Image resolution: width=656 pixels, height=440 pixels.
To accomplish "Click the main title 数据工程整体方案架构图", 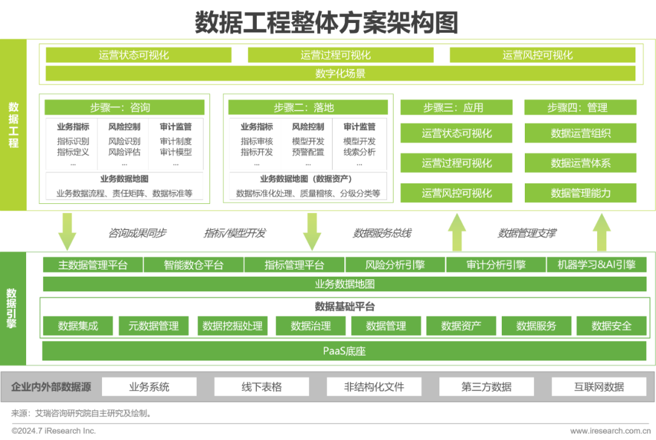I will pyautogui.click(x=326, y=22).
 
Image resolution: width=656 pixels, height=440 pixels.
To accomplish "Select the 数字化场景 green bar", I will pyautogui.click(x=340, y=74).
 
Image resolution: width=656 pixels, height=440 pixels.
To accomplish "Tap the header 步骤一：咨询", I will pyautogui.click(x=124, y=107).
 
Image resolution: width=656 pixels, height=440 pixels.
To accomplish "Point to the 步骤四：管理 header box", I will pyautogui.click(x=580, y=107).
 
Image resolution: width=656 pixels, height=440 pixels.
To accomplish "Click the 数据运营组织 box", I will pyautogui.click(x=580, y=133).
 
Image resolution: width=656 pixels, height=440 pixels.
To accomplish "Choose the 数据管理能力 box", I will pyautogui.click(x=580, y=193).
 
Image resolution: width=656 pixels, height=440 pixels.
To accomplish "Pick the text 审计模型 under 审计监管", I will pyautogui.click(x=176, y=152).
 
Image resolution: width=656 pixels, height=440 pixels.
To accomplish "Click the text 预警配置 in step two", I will pyautogui.click(x=308, y=152).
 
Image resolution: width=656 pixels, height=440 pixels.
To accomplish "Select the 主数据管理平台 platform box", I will pyautogui.click(x=92, y=265).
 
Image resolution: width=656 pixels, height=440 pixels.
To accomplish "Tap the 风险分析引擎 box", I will pyautogui.click(x=395, y=265).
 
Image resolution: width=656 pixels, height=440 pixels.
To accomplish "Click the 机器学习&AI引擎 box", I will pyautogui.click(x=596, y=265).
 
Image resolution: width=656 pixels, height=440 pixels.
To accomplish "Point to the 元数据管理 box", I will pyautogui.click(x=153, y=326).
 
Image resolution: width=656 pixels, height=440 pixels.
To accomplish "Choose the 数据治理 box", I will pyautogui.click(x=310, y=326).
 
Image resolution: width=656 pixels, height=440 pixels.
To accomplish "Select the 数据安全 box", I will pyautogui.click(x=611, y=326).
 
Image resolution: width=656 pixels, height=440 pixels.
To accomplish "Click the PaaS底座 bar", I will pyautogui.click(x=344, y=351).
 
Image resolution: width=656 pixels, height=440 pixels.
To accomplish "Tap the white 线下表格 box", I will pyautogui.click(x=261, y=387).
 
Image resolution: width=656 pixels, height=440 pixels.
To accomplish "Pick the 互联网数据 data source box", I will pyautogui.click(x=598, y=387).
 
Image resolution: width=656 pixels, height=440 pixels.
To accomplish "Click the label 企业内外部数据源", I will pyautogui.click(x=51, y=387).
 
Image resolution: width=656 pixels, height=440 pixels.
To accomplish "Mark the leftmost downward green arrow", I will pyautogui.click(x=67, y=231).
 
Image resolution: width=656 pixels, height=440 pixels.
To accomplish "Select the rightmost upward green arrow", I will pyautogui.click(x=601, y=231).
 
